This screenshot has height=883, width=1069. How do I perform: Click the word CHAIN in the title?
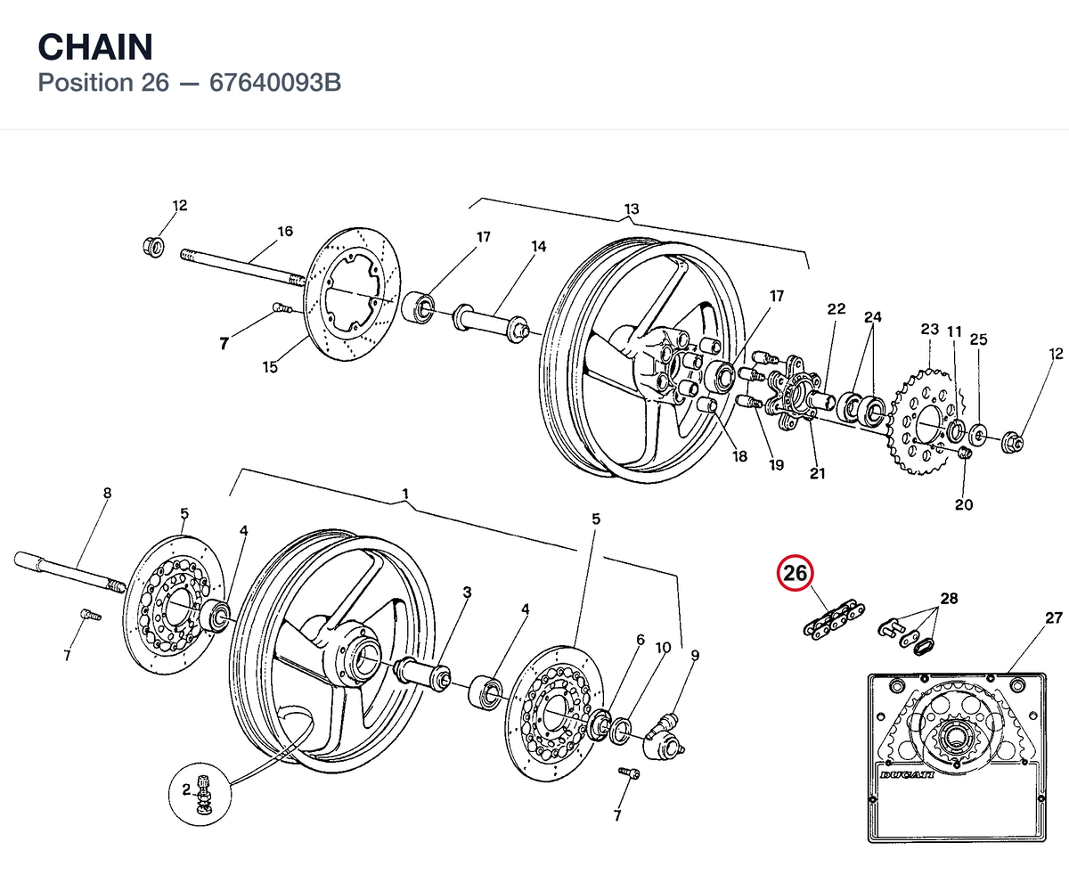[95, 47]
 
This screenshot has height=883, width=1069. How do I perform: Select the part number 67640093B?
[275, 83]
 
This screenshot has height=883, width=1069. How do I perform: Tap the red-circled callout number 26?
[796, 573]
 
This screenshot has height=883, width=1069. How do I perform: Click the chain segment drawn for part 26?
[833, 618]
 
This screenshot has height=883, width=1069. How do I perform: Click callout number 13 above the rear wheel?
[632, 209]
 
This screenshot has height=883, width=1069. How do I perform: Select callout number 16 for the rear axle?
[285, 232]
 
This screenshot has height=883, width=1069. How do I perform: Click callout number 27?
[1054, 618]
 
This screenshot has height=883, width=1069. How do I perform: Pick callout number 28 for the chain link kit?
[949, 598]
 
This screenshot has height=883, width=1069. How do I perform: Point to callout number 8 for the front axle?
[107, 493]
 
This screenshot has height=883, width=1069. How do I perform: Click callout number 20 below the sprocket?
[964, 504]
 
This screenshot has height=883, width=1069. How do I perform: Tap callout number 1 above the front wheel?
[405, 494]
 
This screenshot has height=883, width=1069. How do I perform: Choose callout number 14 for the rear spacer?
[539, 246]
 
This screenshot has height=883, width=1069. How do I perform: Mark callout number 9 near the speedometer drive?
[695, 655]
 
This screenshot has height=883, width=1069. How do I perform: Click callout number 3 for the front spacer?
[467, 592]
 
